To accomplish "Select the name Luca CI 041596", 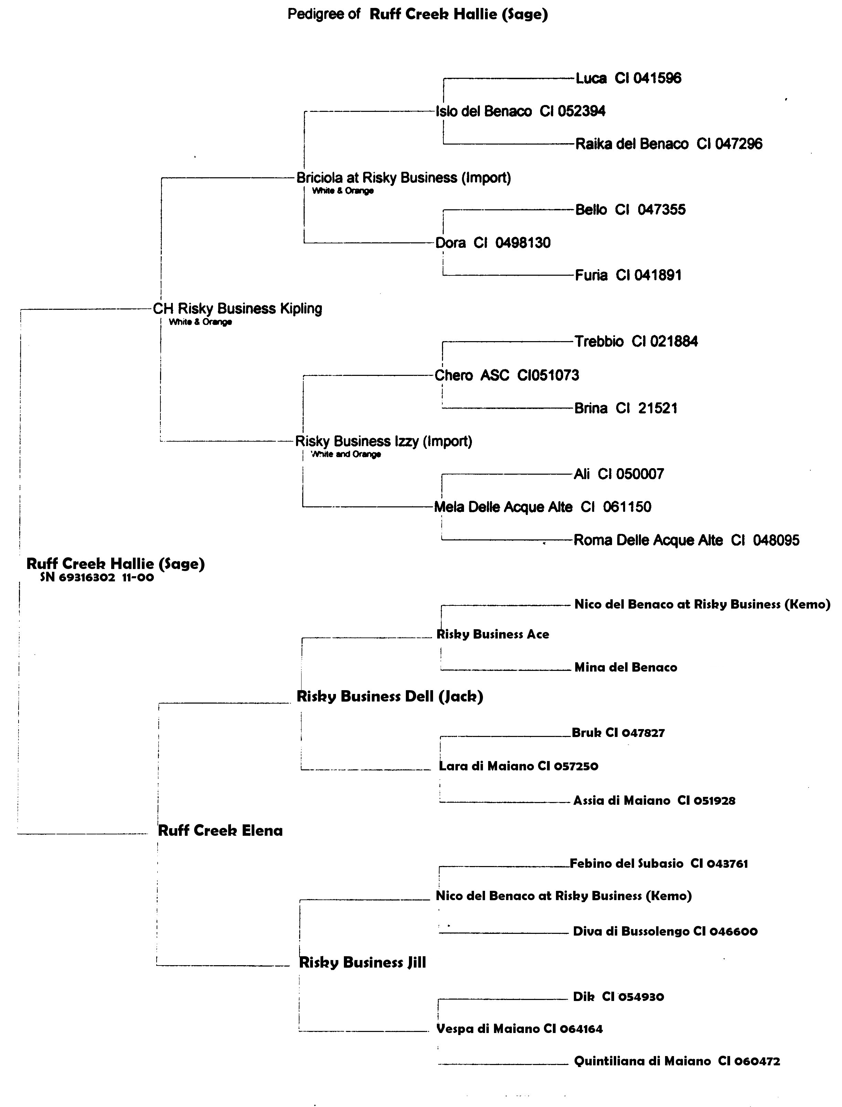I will point(628,78).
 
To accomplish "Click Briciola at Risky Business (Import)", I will point(403,178).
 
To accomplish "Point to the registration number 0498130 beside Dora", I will point(523,243).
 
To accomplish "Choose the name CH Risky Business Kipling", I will point(237,309).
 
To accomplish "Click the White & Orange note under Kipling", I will point(200,322).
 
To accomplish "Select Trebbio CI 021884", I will point(636,342).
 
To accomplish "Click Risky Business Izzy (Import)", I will point(383,442).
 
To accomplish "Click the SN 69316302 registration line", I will point(97,578).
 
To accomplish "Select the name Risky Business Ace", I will point(493,634).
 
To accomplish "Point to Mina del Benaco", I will point(625,667).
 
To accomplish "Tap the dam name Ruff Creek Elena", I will point(220,831).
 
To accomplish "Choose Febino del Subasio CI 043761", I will point(659,863).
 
